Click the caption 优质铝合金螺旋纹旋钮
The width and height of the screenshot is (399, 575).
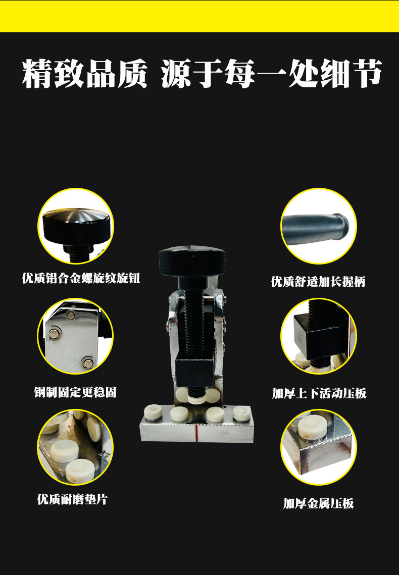(x=81, y=278)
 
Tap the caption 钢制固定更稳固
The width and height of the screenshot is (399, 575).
(x=75, y=392)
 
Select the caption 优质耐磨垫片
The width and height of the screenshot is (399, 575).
(x=72, y=499)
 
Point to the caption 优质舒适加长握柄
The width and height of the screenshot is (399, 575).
(x=318, y=281)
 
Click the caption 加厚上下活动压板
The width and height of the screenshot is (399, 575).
(x=319, y=393)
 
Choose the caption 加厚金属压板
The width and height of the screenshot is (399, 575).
(x=318, y=503)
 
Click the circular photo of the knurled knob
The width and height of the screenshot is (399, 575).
(x=76, y=226)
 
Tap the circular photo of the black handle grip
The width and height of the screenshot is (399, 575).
(x=319, y=226)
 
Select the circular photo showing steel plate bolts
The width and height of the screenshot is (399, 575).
(x=75, y=336)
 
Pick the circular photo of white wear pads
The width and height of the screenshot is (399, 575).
(x=75, y=447)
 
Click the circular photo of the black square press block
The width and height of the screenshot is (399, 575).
(x=319, y=336)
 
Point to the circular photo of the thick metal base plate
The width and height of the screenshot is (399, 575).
(x=319, y=447)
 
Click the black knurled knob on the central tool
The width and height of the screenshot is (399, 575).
(x=192, y=262)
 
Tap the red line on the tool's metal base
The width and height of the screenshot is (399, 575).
(x=196, y=433)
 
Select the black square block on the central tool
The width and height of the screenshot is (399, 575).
(x=194, y=372)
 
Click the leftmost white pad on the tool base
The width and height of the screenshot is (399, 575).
(x=153, y=412)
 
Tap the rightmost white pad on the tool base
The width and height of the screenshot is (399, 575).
(x=242, y=413)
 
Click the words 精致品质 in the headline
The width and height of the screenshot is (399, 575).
(x=85, y=73)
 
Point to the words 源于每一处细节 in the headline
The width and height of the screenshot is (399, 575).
(x=272, y=73)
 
